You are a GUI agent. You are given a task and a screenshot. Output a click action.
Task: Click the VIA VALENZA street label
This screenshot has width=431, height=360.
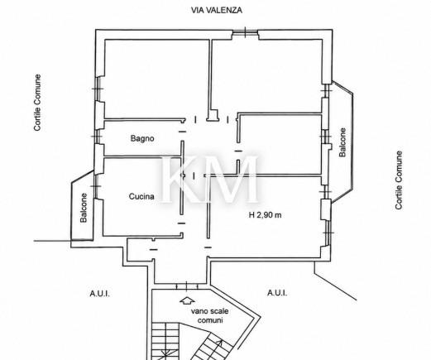click(x=217, y=10)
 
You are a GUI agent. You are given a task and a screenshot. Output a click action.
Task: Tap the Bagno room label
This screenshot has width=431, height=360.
click(x=142, y=138)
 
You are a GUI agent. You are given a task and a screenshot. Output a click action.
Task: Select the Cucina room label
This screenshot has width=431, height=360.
click(x=141, y=196)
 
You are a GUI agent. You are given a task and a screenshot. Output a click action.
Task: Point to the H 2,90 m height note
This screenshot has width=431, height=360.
click(x=265, y=215)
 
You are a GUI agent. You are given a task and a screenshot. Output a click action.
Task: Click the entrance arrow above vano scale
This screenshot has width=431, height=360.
click(x=188, y=300)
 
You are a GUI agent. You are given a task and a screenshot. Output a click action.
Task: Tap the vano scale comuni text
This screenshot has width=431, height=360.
click(x=210, y=316)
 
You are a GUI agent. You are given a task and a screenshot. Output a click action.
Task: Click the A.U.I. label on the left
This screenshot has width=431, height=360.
click(x=99, y=294)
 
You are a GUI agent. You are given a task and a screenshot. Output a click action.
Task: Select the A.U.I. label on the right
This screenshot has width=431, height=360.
click(x=277, y=293)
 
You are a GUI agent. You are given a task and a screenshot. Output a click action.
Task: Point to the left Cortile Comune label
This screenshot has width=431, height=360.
click(x=37, y=103)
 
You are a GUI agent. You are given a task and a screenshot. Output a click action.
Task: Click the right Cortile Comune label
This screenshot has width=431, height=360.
click(x=399, y=180)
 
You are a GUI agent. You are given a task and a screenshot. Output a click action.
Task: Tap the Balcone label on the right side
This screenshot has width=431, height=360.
click(x=342, y=142)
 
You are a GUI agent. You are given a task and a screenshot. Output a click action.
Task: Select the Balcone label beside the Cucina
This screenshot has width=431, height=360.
click(x=84, y=208)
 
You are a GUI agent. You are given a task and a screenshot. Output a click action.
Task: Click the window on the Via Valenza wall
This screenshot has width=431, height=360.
click(x=245, y=32)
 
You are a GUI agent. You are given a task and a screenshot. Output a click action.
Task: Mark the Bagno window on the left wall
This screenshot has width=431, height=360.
click(x=97, y=137)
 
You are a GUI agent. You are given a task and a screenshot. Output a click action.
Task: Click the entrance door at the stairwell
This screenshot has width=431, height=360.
click(x=187, y=286)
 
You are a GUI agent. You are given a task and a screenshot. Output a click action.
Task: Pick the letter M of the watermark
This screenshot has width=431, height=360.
click(x=231, y=179)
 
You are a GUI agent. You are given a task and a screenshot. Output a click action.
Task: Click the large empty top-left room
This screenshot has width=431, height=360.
click(x=156, y=79)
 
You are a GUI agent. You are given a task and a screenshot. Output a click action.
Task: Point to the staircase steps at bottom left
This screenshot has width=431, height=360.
click(x=165, y=342)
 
